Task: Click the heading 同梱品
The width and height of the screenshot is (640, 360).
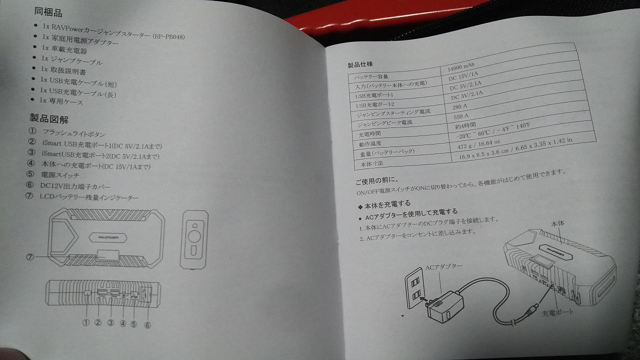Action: tap(48, 12)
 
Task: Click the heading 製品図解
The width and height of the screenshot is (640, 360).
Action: tap(49, 118)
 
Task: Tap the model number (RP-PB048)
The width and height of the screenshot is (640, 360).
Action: tap(168, 36)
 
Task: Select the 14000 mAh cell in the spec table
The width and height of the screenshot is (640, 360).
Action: tap(461, 67)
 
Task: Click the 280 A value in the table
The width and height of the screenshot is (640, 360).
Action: tap(459, 106)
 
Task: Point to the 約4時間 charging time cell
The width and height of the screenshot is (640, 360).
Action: tap(465, 125)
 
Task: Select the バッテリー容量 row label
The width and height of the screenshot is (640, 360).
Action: tap(371, 77)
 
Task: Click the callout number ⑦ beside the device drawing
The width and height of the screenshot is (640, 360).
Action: tap(30, 257)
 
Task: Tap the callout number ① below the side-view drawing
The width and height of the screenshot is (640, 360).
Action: tap(86, 322)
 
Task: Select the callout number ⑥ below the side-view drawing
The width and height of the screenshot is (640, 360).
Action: tap(147, 325)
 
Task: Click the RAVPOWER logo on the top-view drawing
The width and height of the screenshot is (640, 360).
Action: tap(108, 237)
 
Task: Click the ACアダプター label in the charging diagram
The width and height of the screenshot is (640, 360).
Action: tap(444, 267)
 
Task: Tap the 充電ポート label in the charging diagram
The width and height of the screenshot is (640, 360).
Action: tap(557, 312)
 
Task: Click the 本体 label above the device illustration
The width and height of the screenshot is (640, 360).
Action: tap(557, 223)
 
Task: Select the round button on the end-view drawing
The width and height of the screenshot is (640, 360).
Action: tap(194, 237)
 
